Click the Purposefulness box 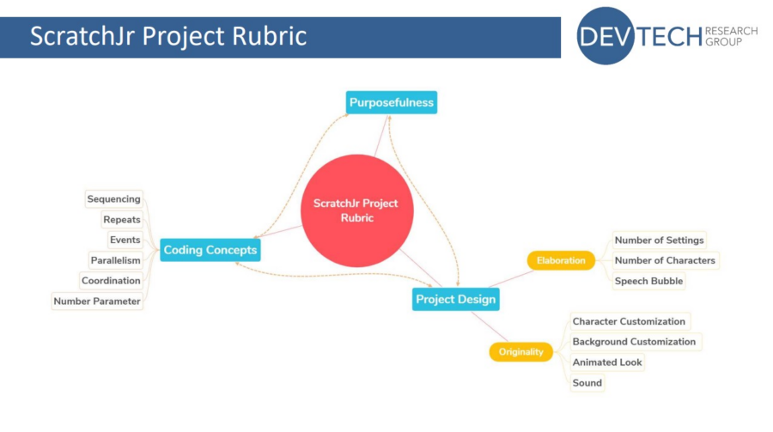pos(392,103)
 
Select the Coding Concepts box pos(210,250)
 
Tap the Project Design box pos(455,299)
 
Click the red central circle pos(356,210)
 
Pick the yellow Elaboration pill pos(560,260)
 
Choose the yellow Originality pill pos(521,351)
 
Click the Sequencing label pos(113,199)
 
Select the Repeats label pos(122,220)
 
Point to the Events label pos(125,240)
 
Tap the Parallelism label pos(115,260)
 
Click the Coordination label pos(111,281)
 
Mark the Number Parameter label pos(97,301)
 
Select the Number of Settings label pos(659,240)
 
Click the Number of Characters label pos(664,260)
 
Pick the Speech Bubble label pos(648,281)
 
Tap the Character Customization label pos(629,321)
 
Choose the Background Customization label pos(634,342)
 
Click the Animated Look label pos(607,362)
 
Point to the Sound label pos(587,383)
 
